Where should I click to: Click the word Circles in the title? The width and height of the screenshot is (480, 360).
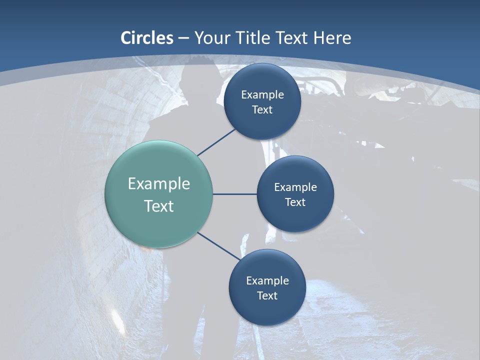(147, 38)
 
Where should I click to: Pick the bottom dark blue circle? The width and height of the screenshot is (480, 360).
(267, 312)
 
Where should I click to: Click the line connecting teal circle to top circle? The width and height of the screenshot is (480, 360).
(216, 141)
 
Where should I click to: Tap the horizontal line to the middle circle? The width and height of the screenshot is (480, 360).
(235, 194)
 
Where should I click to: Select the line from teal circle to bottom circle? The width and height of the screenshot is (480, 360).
(218, 246)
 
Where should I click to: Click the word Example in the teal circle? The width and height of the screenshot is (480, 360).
(159, 184)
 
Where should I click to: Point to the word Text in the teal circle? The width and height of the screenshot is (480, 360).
(159, 206)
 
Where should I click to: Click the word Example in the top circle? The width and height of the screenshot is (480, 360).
(262, 94)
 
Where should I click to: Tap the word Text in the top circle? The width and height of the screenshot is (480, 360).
(262, 109)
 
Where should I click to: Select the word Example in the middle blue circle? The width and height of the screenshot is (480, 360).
(295, 187)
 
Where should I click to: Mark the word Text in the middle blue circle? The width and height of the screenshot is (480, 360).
(295, 202)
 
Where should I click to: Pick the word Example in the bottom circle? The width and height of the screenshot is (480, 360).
(267, 280)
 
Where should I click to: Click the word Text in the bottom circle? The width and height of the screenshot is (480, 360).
(267, 295)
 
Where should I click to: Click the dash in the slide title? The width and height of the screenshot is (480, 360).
(183, 38)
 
